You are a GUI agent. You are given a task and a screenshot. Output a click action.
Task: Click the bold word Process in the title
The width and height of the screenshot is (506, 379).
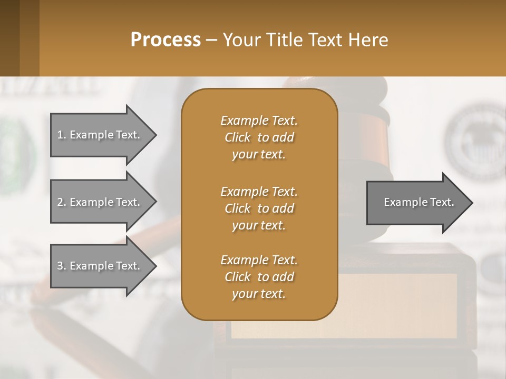point(166,40)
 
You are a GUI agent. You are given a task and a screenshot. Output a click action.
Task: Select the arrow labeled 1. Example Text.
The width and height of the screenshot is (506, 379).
point(100,135)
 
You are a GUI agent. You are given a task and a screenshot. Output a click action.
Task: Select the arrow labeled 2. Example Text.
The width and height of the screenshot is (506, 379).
point(100,202)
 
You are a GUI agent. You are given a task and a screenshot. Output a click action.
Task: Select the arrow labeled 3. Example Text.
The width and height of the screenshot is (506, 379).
point(100,266)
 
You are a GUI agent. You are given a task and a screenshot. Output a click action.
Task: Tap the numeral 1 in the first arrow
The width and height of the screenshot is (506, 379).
point(60,135)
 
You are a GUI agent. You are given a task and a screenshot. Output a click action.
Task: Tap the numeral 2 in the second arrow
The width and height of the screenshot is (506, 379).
point(60,202)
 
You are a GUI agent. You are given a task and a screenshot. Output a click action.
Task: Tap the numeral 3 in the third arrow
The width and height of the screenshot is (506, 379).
point(60,266)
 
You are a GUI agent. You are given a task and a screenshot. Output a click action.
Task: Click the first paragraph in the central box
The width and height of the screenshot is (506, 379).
point(259,137)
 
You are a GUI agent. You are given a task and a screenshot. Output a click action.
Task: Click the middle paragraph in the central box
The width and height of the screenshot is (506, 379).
point(259,208)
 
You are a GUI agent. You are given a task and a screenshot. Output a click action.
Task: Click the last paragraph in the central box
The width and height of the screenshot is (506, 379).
point(259,277)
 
